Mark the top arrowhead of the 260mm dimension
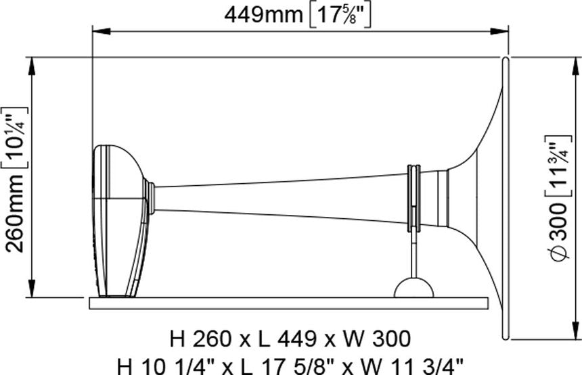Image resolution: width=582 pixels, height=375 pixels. tap(32, 63)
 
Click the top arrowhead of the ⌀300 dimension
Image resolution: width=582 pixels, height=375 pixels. tap(576, 63)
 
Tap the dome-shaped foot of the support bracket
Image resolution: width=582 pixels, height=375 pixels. tap(413, 289)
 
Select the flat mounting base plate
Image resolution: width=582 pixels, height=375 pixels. tap(288, 303)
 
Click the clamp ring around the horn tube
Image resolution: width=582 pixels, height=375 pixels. tap(412, 196)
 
